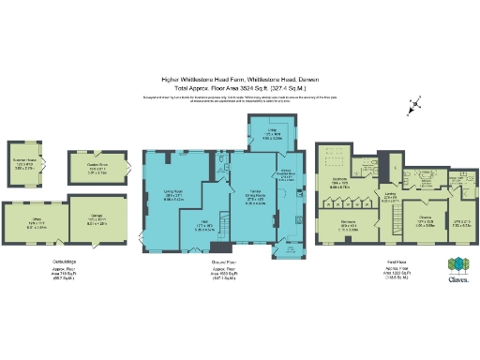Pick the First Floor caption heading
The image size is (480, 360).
pos(370,265)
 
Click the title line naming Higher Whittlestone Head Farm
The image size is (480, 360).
pos(239,81)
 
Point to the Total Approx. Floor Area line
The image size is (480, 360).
pos(239,89)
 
